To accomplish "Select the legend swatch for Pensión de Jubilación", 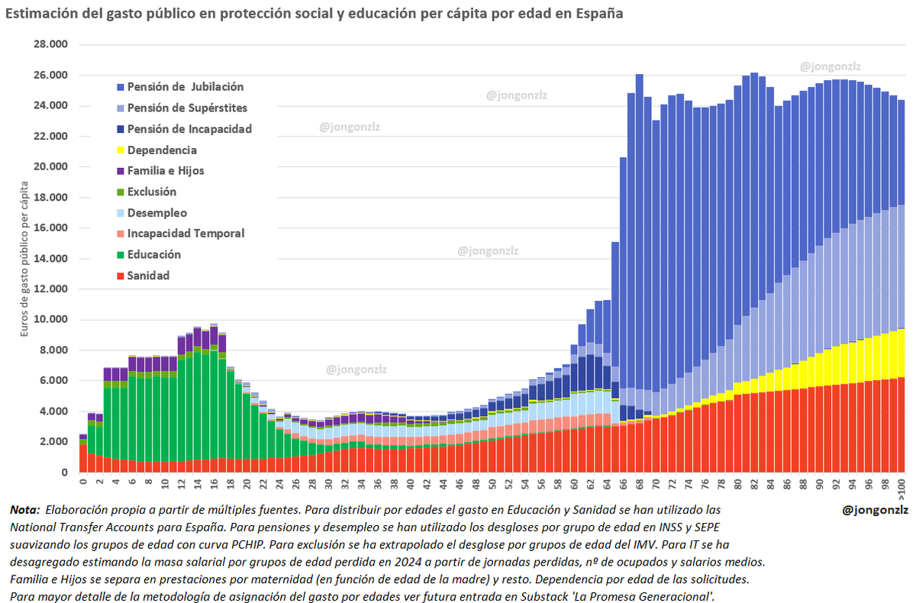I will pyautogui.click(x=121, y=87).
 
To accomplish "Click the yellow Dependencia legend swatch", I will pyautogui.click(x=121, y=150).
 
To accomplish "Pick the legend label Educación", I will pyautogui.click(x=154, y=255).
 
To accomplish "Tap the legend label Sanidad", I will pyautogui.click(x=149, y=276).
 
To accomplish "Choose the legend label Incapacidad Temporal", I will pyautogui.click(x=185, y=234).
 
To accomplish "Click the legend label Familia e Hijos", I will pyautogui.click(x=166, y=171).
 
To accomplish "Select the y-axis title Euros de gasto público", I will pyautogui.click(x=25, y=260).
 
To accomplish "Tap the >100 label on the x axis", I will pyautogui.click(x=901, y=487).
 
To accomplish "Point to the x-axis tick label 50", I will pyautogui.click(x=492, y=484).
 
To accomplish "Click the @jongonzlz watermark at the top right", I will pyautogui.click(x=831, y=67).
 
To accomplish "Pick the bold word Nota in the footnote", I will pyautogui.click(x=24, y=509).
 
